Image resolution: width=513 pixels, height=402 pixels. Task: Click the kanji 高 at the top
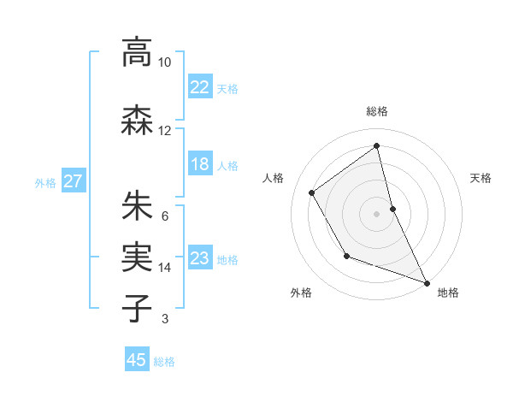pos(137,52)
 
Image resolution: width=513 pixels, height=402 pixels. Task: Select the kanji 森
pos(137,121)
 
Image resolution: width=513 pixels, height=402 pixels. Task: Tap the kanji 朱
pos(137,206)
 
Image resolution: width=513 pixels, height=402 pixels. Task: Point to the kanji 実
pos(137,257)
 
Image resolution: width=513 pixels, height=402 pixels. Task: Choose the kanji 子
pos(137,309)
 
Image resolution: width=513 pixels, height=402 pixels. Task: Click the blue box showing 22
pos(200,86)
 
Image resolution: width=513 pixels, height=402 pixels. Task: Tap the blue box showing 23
pos(200,258)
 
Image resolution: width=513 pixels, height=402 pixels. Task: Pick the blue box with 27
pos(73,181)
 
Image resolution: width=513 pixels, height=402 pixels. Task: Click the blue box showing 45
pos(137,360)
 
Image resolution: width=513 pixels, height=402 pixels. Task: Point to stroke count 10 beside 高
pos(164,62)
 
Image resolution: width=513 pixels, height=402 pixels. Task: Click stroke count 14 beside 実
pos(164,268)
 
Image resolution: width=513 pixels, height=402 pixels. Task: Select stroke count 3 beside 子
pos(164,319)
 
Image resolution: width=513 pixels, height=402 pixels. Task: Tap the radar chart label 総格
pos(376,111)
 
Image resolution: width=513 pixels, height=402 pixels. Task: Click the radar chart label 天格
pos(481,178)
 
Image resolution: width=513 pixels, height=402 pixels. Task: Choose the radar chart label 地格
pos(448,293)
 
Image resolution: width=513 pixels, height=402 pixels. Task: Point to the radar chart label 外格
pos(301,293)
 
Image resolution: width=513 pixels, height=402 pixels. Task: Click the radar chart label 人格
pos(273,178)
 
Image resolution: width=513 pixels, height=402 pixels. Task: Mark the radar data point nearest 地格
pos(427,283)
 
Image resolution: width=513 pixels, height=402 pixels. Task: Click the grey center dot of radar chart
pos(376,213)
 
